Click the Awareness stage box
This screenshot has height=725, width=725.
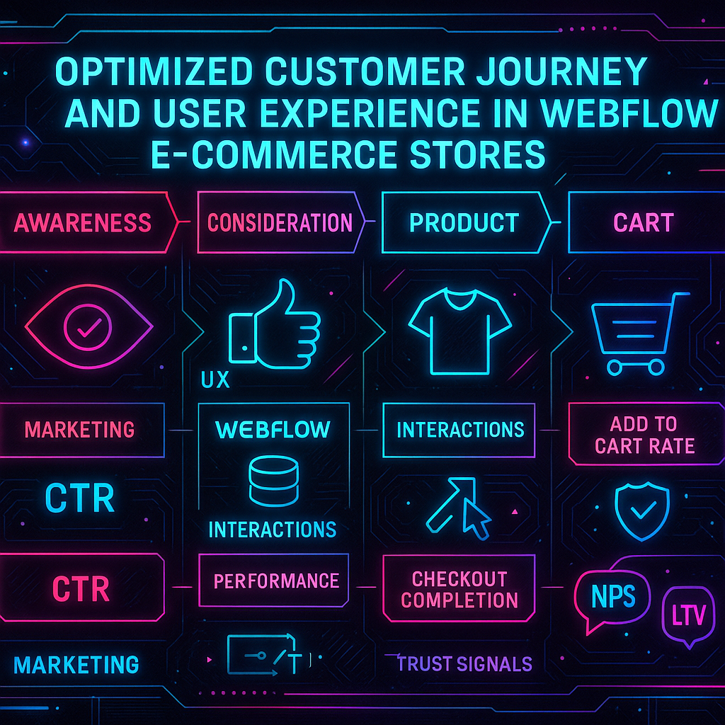[83, 223]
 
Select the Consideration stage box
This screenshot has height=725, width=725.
[280, 223]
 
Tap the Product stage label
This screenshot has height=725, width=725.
[464, 223]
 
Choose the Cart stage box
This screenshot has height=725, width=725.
[644, 223]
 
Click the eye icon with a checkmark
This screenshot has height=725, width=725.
[88, 326]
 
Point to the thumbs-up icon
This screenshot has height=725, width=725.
[273, 326]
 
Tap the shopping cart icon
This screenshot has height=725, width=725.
[634, 333]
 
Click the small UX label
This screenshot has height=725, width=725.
[215, 380]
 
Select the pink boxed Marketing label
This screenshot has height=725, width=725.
[79, 430]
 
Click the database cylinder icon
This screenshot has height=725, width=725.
[273, 481]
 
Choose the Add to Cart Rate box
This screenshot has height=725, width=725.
[644, 435]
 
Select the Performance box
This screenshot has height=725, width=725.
[276, 581]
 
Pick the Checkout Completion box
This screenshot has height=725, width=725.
[459, 589]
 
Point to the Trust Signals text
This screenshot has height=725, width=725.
[464, 663]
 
